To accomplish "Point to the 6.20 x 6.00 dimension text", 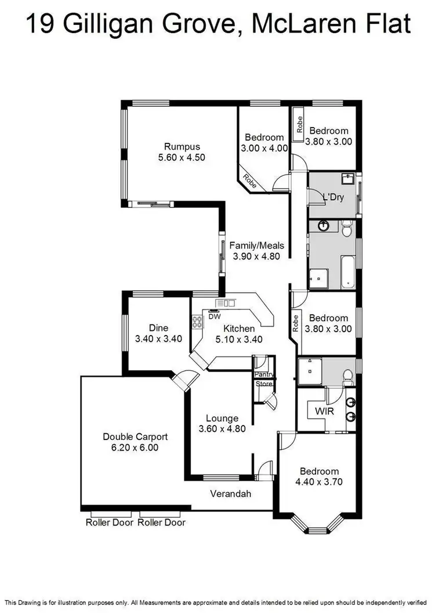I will [130, 448].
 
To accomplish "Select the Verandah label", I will [230, 494].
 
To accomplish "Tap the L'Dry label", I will [333, 197].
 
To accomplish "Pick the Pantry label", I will [264, 374].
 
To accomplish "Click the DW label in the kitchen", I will [215, 318].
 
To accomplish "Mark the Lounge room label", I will [222, 418].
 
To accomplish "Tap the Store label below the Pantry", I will [264, 383].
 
